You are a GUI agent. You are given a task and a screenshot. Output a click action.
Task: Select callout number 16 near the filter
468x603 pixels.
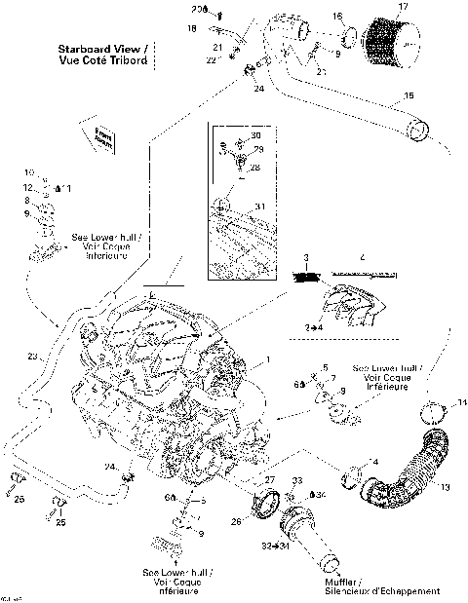pos(337,17)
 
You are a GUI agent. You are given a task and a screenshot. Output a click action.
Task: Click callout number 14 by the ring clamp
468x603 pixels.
pos(462,402)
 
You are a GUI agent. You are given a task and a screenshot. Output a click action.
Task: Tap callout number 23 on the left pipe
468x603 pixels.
pos(32,358)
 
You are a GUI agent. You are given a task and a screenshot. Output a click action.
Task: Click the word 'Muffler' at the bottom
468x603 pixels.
pos(342,582)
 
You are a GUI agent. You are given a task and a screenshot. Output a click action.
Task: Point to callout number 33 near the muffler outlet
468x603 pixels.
pos(298,481)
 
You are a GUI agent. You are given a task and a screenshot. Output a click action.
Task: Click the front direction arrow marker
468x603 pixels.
pos(101,137)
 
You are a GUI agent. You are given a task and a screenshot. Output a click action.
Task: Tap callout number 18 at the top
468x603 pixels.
pos(192,29)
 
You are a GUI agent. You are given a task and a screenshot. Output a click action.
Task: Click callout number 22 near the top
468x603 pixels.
pos(211,60)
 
